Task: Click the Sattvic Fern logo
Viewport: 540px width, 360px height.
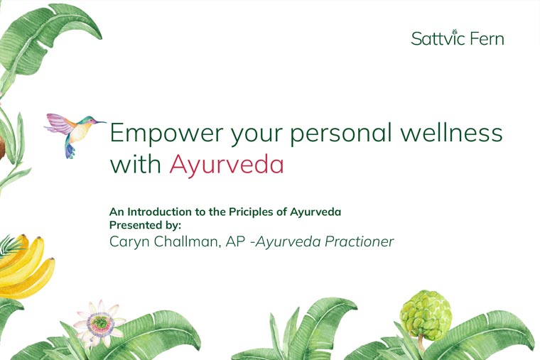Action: pos(458,38)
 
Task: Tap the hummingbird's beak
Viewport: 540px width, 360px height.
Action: pos(100,122)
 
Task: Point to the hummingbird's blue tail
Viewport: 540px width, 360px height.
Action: pos(70,151)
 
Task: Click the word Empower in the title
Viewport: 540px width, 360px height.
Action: pos(167,133)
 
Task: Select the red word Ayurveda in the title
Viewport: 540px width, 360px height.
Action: pos(227,165)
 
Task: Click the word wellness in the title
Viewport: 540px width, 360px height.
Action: pos(451,133)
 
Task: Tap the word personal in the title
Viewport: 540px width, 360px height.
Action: pos(340,133)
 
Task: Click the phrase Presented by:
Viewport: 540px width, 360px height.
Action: pos(145,225)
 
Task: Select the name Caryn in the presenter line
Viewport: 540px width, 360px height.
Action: pos(129,242)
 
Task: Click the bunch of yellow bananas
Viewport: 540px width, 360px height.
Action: pos(24,267)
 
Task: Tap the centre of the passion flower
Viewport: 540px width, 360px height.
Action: pos(100,323)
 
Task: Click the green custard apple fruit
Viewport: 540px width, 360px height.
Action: pos(426,315)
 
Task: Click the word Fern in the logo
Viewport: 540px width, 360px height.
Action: pos(487,38)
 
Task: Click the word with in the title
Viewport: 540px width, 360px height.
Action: pos(136,164)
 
